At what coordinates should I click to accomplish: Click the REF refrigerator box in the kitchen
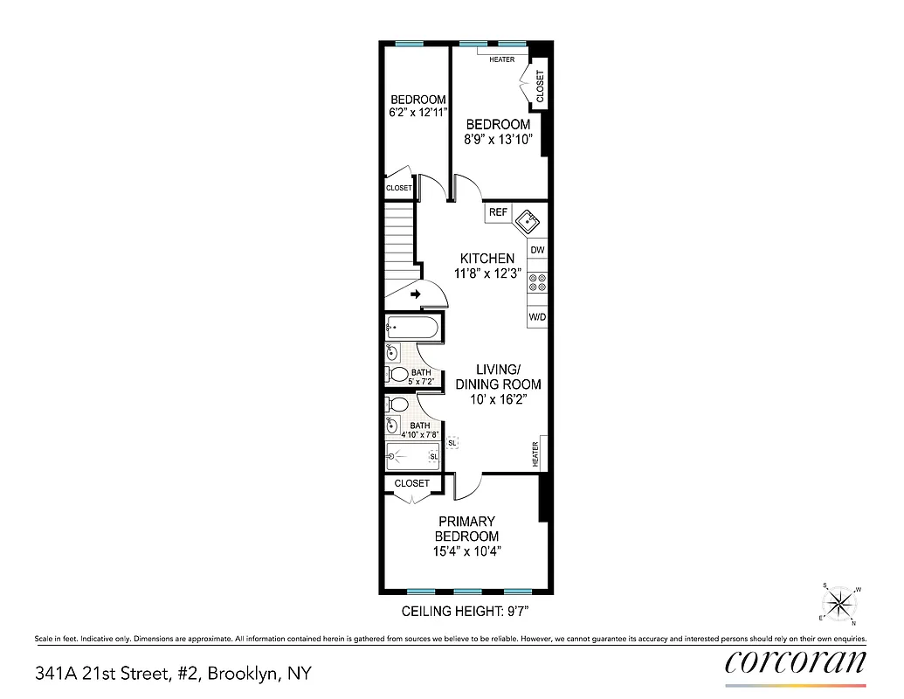coord(498,212)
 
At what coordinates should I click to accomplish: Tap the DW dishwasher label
coord(537,250)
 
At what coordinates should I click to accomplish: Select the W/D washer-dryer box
coord(537,317)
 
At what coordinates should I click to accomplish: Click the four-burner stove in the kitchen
coord(537,282)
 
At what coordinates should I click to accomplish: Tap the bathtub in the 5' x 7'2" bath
coord(413,329)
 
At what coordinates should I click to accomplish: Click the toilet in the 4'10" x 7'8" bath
coord(397,405)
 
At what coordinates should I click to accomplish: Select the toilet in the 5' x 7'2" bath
coord(398,375)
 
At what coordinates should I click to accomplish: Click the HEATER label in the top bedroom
coord(501,59)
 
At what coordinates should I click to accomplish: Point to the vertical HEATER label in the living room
coord(536,453)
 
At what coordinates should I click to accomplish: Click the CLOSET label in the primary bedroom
coord(411,483)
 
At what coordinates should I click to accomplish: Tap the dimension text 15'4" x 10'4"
coord(467,551)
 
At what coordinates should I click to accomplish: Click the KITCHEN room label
coord(487,259)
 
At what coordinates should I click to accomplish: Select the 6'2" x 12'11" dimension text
coord(417,112)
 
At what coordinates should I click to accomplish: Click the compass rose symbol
coord(840,603)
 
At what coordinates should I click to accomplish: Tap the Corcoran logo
coord(796,661)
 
